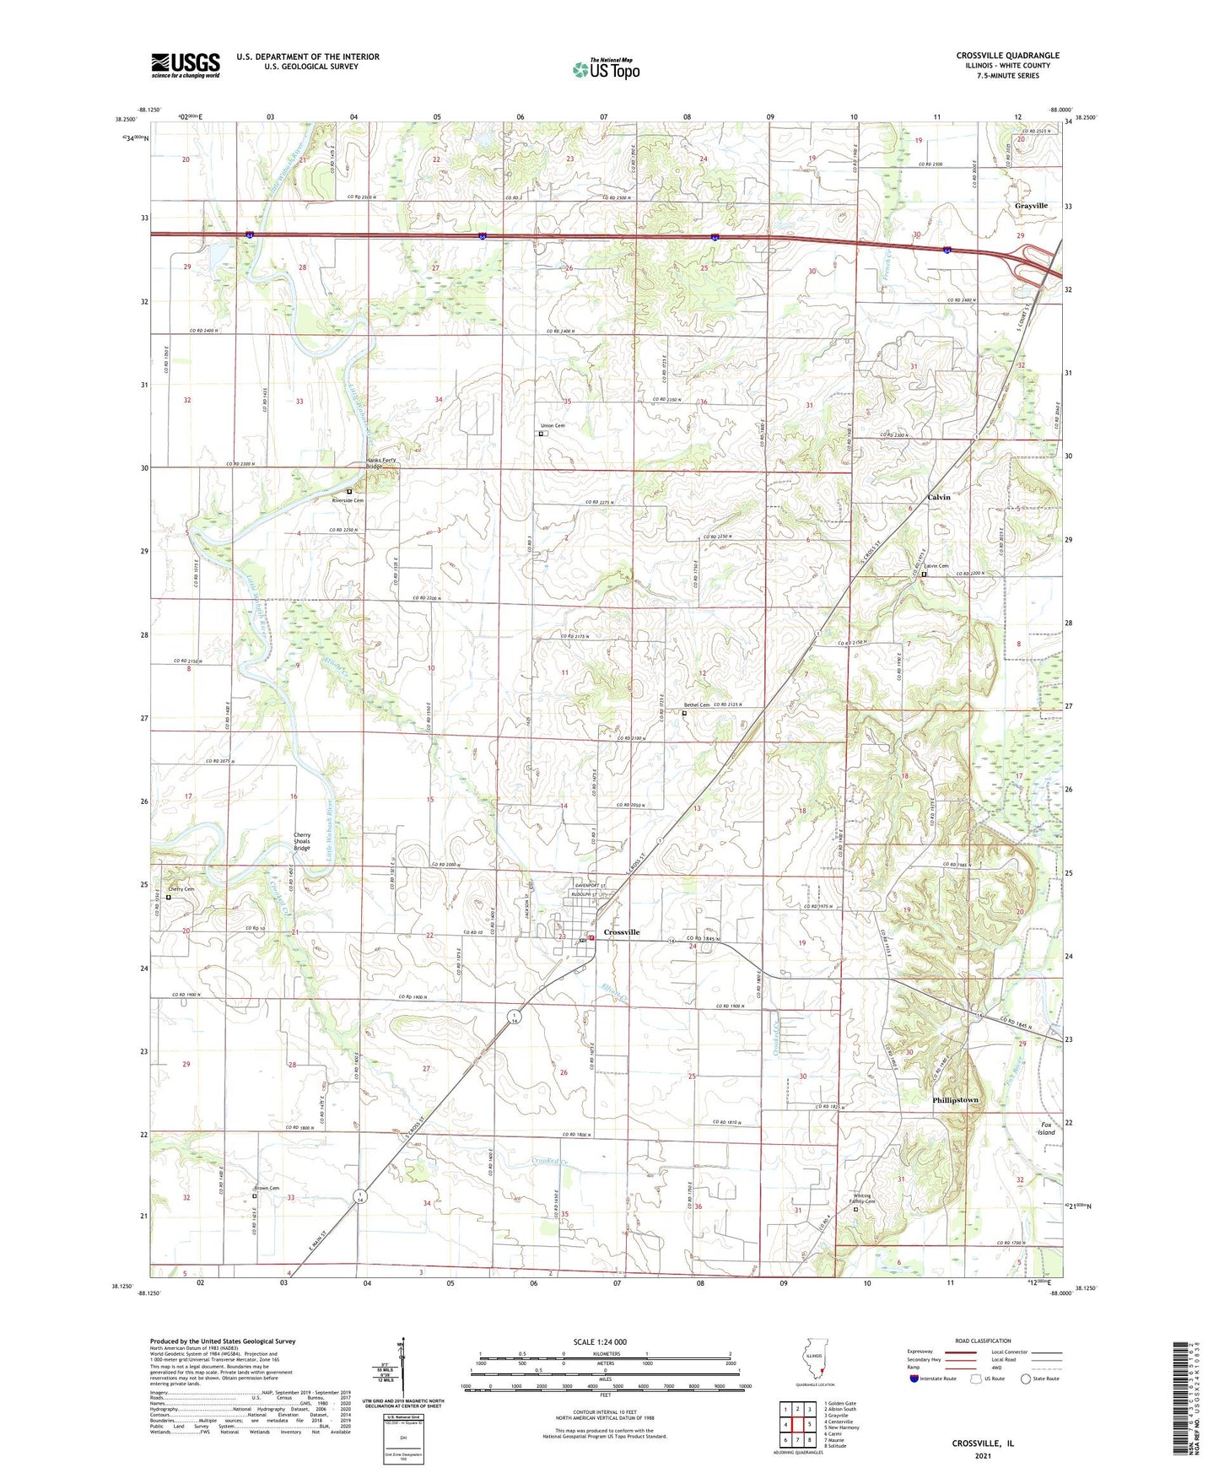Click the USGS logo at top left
coord(185,65)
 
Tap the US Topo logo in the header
coord(606,69)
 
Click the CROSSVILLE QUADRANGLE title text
coord(1007,56)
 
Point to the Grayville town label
coord(1031,206)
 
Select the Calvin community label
coord(938,498)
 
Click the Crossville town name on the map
coord(622,932)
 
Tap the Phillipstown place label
coord(955,1100)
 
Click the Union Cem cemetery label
coord(553,426)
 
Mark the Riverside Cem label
coord(348,500)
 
